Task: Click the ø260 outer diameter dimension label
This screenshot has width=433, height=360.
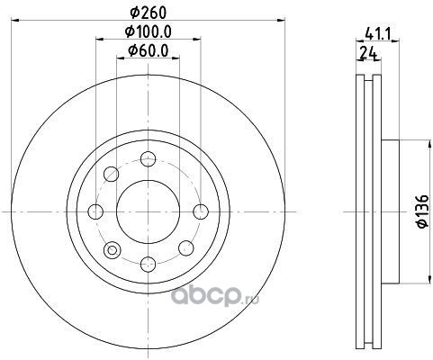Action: pos(148,13)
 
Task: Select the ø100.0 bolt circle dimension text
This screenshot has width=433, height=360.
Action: pos(148,31)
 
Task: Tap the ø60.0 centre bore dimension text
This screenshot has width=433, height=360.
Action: pos(148,50)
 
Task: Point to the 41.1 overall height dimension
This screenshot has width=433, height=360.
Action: pos(377,35)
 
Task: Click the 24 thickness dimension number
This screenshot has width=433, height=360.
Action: pos(368,53)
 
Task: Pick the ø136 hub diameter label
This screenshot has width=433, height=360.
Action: pos(423,211)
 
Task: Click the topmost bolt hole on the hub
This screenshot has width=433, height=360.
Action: pos(149,159)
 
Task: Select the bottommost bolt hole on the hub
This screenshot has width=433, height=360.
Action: pos(149,265)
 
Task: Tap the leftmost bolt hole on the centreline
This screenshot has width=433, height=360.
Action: pos(95,211)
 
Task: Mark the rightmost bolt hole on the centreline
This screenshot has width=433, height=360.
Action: pos(201,211)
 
